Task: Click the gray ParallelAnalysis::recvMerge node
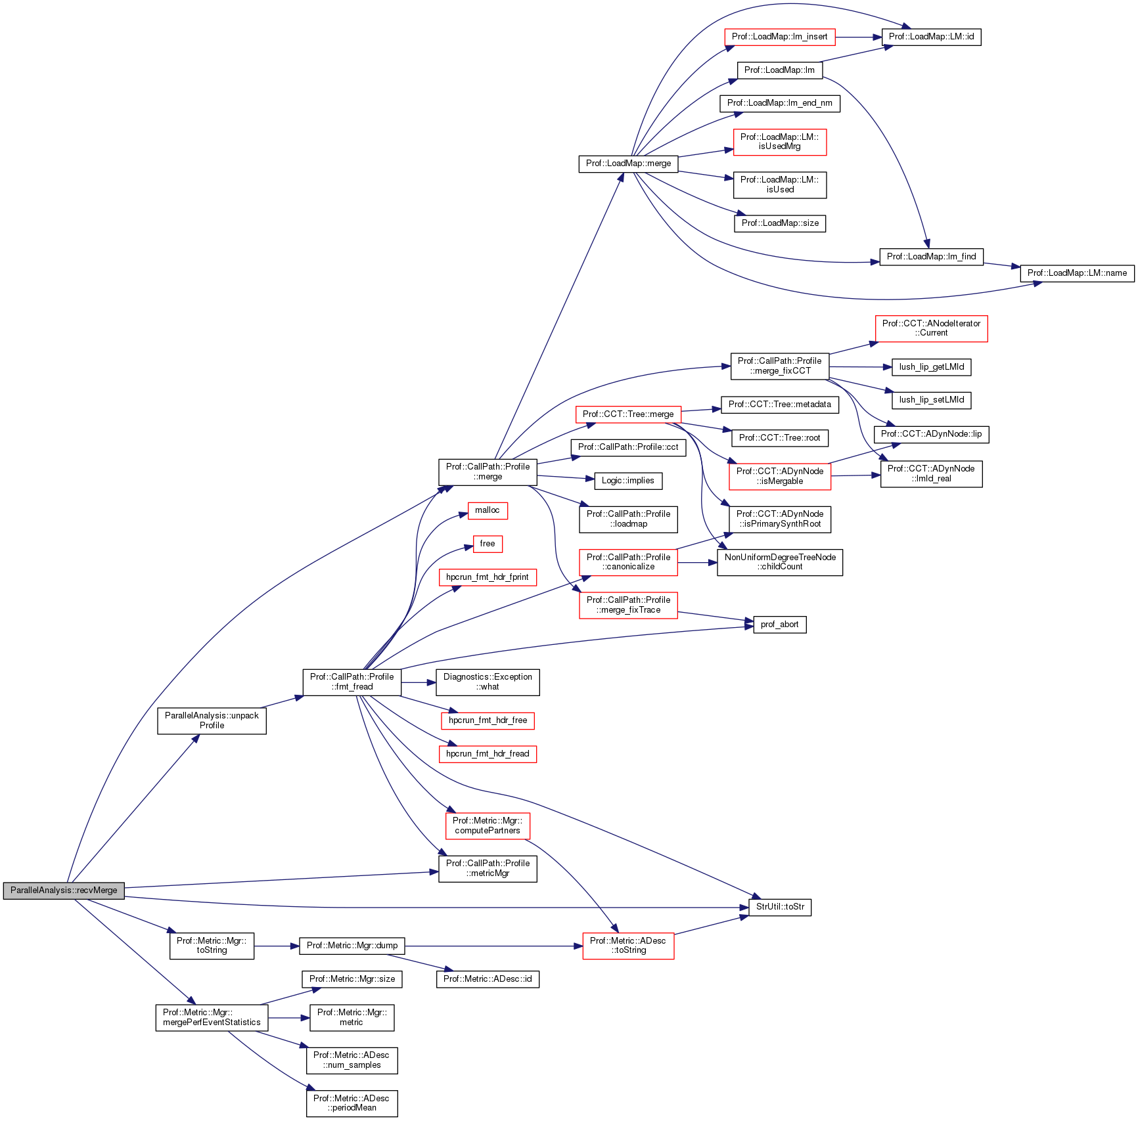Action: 64,890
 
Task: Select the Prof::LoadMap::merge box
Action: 628,164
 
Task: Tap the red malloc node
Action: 487,510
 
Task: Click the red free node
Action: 488,544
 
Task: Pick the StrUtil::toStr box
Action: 780,907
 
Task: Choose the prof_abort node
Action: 779,625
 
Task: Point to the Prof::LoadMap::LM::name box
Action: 1077,273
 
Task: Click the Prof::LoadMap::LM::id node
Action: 931,37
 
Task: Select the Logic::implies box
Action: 627,481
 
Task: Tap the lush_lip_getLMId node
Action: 931,367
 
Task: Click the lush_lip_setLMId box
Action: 931,400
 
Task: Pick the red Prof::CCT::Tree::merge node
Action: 628,414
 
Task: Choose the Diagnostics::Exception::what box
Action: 488,682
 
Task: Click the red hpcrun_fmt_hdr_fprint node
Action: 488,577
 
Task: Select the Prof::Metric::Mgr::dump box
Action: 352,946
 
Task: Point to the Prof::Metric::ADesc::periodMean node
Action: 352,1103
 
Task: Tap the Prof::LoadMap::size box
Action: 780,223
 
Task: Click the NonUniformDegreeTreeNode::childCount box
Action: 780,562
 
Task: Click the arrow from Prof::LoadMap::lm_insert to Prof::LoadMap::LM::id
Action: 858,37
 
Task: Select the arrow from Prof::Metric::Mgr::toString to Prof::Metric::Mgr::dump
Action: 276,946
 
